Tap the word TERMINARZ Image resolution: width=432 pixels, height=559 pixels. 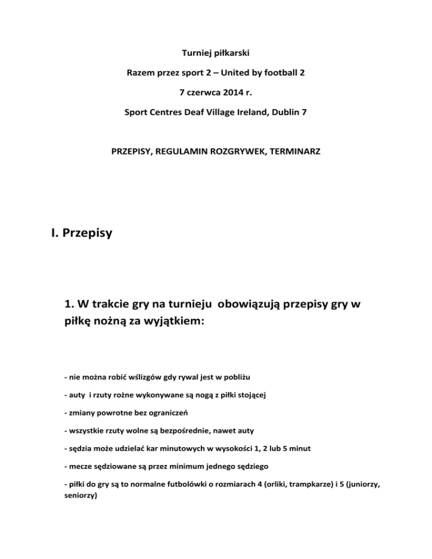point(293,152)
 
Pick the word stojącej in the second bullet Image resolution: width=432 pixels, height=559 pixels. point(247,395)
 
